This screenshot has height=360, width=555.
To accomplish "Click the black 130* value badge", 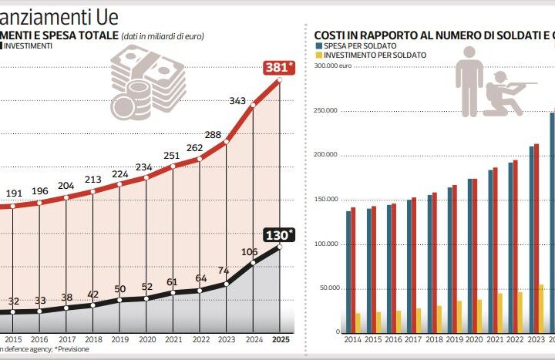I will (279, 234).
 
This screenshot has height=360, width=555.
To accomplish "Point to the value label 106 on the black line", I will (249, 251).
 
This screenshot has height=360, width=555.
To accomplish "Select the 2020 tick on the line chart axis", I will (146, 338).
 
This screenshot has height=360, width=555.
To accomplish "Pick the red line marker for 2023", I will (227, 142).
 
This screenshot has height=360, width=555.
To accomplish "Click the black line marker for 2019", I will (119, 299).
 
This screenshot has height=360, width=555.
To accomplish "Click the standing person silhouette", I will (469, 80).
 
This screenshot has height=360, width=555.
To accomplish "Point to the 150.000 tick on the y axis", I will (327, 200).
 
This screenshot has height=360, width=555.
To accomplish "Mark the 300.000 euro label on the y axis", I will (332, 66).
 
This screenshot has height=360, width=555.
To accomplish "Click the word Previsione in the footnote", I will (72, 349).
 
